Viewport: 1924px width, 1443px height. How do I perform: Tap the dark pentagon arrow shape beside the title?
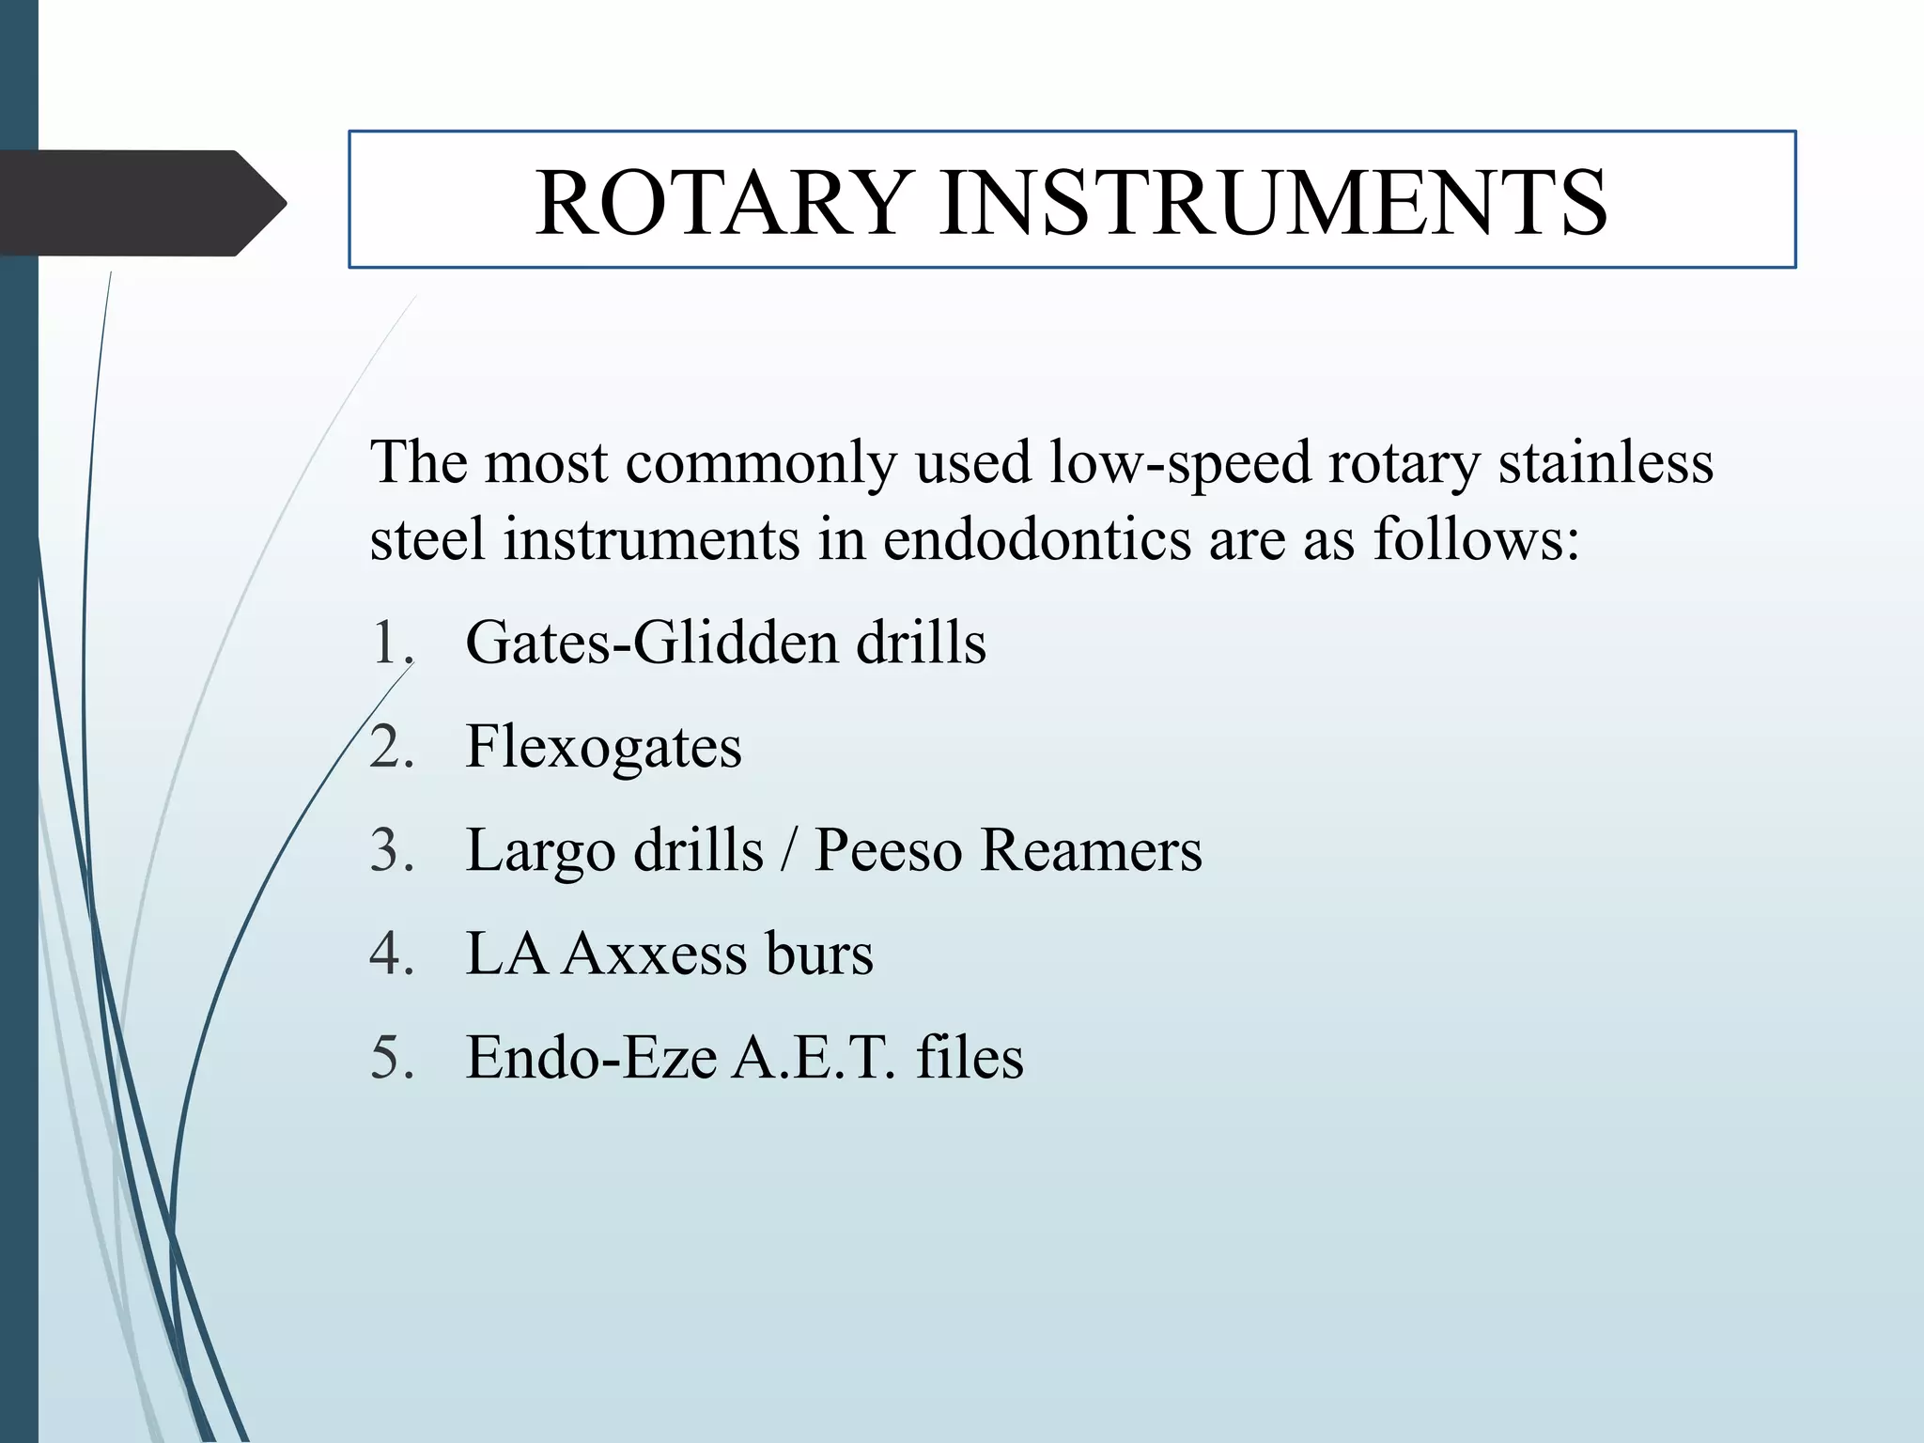coord(141,203)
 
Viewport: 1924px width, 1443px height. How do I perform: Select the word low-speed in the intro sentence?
coord(1179,463)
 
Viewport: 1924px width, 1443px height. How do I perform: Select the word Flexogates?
coord(603,748)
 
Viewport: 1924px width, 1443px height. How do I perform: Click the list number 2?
coord(391,749)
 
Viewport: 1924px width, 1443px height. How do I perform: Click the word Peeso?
coord(888,851)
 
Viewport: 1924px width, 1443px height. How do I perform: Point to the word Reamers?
coord(1091,851)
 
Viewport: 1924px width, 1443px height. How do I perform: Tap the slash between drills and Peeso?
coord(789,851)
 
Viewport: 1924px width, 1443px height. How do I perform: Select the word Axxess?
coord(654,954)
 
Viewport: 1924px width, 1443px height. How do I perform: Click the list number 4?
coord(391,955)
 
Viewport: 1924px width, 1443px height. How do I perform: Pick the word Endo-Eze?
coord(592,1058)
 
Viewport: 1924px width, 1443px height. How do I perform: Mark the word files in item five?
coord(970,1058)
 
